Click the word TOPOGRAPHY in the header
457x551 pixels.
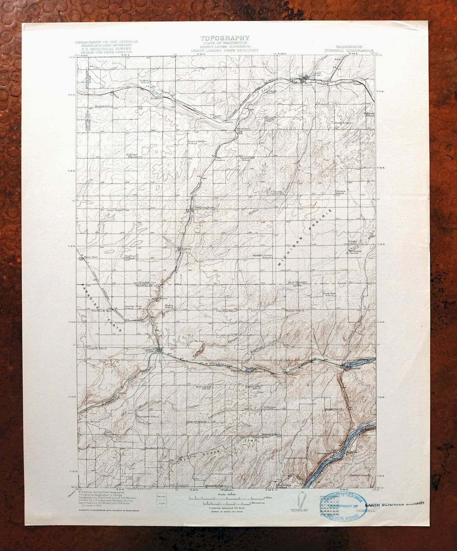click(x=225, y=38)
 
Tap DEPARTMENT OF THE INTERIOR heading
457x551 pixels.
click(x=107, y=42)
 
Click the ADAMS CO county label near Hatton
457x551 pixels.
click(x=143, y=282)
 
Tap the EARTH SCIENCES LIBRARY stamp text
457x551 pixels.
click(x=397, y=503)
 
